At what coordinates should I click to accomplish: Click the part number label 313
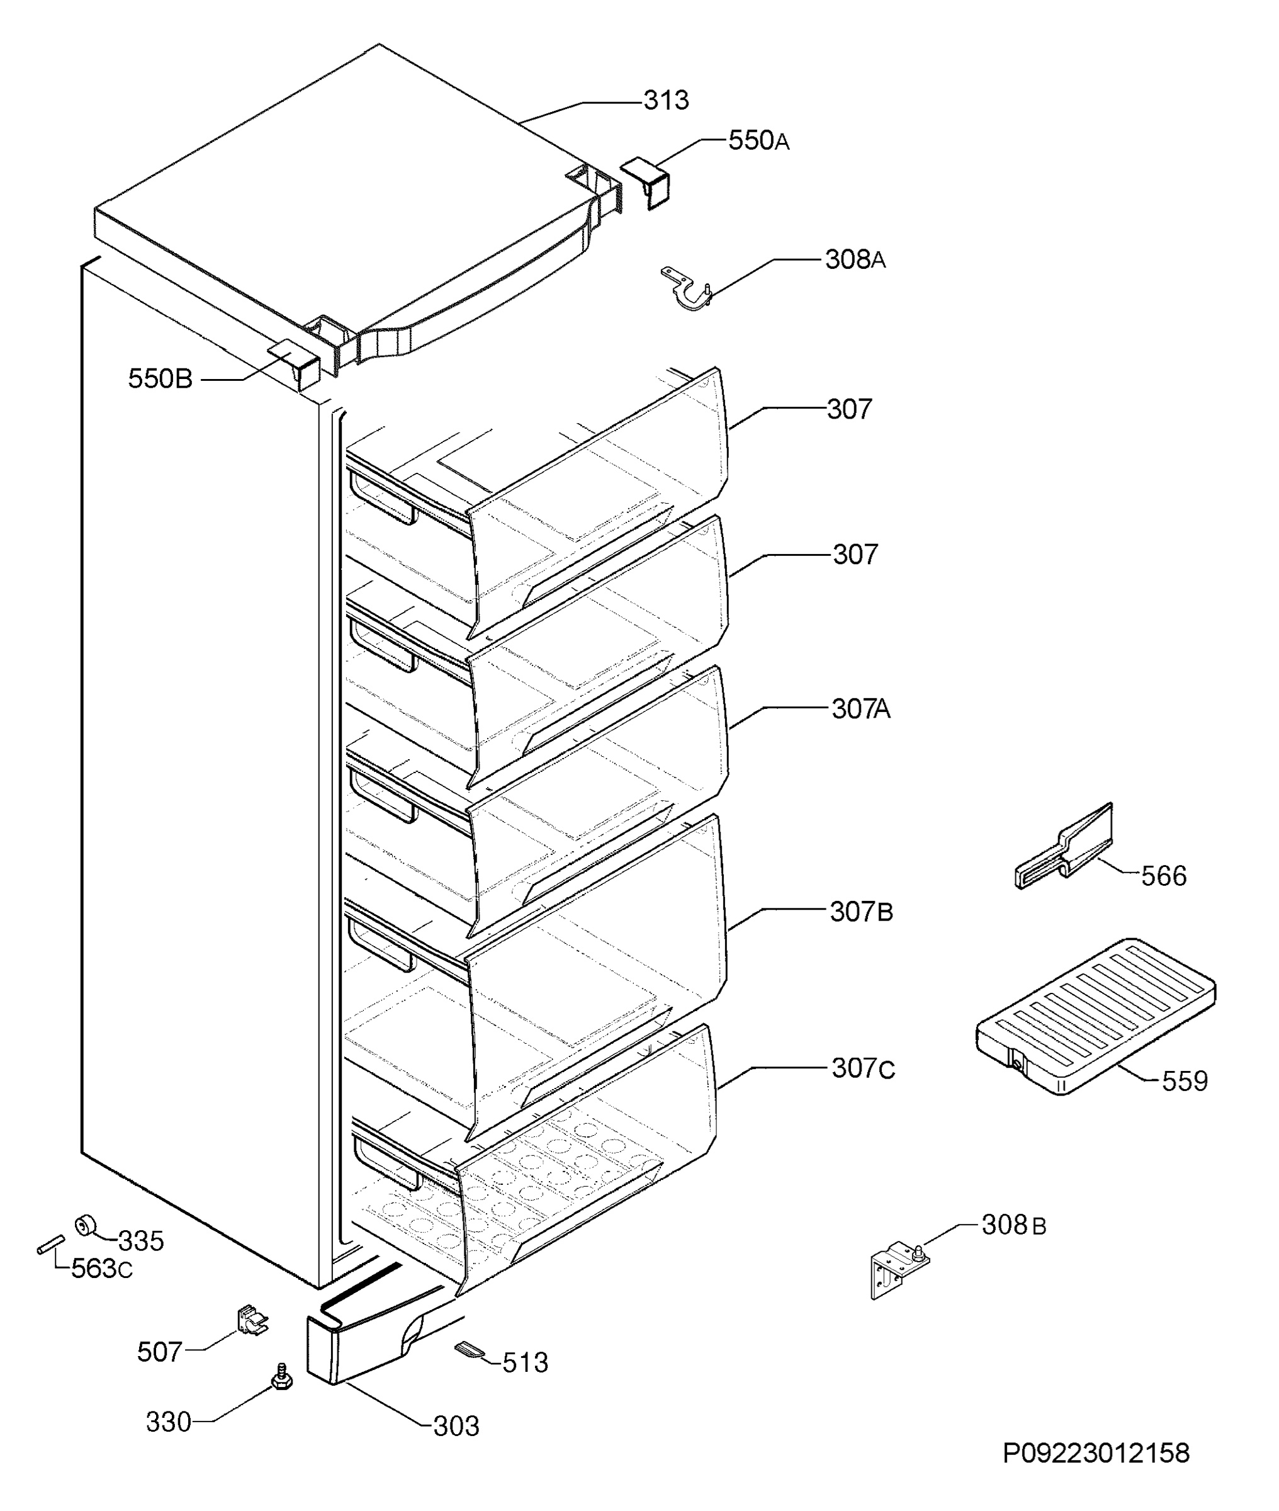click(x=665, y=100)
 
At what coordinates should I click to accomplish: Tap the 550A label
click(x=758, y=140)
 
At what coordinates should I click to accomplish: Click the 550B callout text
click(x=161, y=378)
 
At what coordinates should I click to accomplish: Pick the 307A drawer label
click(x=860, y=708)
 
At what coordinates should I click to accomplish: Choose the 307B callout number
click(x=860, y=912)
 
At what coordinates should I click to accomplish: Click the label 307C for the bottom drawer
click(x=863, y=1068)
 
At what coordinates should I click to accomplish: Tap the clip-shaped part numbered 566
click(x=1064, y=846)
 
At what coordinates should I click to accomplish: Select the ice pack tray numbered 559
click(x=1096, y=1017)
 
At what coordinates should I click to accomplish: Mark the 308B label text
click(x=1013, y=1225)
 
